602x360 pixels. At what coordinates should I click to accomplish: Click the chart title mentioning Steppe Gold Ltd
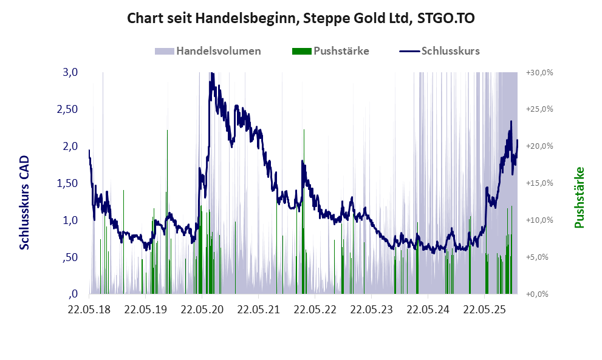(x=301, y=18)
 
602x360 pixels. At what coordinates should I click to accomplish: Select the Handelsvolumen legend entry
(x=219, y=51)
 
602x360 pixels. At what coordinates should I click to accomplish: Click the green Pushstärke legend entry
(x=341, y=51)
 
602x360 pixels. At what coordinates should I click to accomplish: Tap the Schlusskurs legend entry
(x=450, y=51)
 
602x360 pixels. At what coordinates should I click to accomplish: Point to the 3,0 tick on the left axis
(x=70, y=72)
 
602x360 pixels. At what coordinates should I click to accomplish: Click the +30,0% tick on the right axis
(x=539, y=72)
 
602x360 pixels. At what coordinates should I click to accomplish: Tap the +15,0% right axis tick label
(x=539, y=183)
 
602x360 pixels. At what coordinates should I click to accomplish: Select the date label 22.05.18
(x=90, y=310)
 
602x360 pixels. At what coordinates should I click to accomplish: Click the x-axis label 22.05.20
(x=203, y=310)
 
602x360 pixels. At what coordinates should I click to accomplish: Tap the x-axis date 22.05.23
(x=372, y=310)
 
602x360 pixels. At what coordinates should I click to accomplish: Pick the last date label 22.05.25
(x=485, y=310)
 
